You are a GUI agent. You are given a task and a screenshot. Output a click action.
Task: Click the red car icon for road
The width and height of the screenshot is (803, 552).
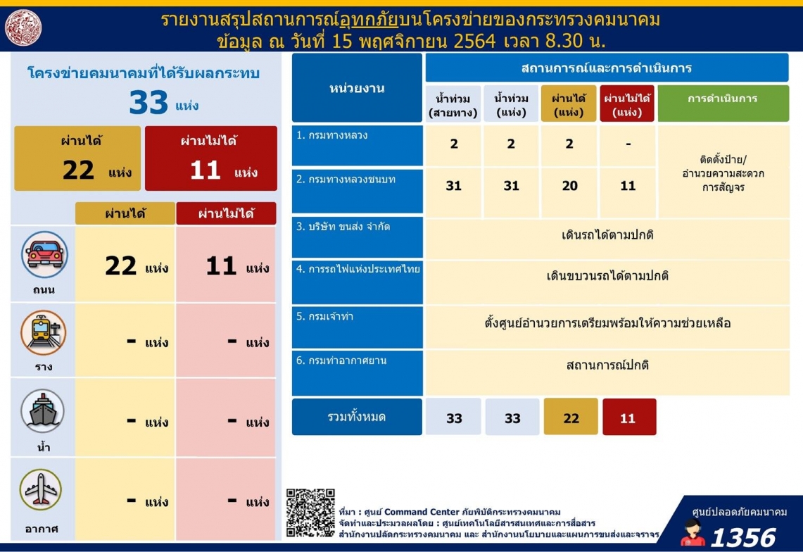pos(44,255)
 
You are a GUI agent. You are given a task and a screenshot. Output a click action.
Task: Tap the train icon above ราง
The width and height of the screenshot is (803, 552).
pos(44,332)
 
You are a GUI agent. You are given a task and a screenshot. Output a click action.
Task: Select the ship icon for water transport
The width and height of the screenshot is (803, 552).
pos(43,411)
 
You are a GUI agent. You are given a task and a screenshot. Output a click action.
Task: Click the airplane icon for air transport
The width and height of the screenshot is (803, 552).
pos(41,490)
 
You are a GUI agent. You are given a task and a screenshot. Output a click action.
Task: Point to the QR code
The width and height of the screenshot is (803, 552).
pos(310,513)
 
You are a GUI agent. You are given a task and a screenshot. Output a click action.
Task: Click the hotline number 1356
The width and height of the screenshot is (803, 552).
pos(743,538)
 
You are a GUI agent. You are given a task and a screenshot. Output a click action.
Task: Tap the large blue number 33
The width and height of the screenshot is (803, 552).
pos(148,102)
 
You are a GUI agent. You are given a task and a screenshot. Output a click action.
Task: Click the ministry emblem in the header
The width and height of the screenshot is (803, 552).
pos(23,27)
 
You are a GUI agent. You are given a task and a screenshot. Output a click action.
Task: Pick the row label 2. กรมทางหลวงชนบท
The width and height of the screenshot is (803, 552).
pos(346,180)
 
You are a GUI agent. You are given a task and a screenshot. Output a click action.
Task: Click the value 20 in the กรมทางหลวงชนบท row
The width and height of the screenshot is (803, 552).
pos(569,186)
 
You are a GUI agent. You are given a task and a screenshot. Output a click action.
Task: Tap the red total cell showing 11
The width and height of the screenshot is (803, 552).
pos(629,417)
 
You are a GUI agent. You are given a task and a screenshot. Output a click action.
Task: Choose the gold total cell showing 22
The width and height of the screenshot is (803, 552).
pos(571,417)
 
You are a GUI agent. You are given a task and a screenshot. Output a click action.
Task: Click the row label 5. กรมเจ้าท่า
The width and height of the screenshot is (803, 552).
pos(324,317)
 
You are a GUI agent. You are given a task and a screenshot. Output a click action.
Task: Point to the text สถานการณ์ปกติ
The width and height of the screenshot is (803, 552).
pos(607,365)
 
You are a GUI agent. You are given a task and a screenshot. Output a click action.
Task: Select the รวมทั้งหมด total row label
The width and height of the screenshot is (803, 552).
pos(357,417)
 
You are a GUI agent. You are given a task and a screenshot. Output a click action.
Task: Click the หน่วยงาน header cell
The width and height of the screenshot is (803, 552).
pos(357,87)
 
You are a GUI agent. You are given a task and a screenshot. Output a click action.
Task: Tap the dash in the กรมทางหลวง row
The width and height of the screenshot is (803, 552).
pos(628,144)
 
